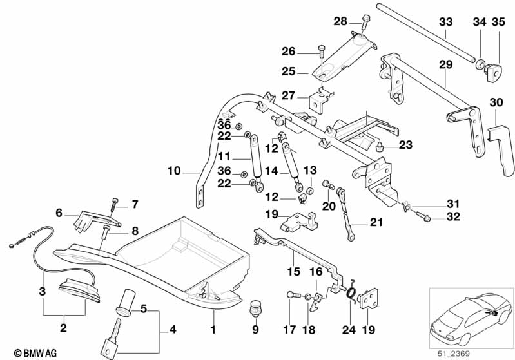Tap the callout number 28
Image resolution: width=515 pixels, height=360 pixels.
pyautogui.click(x=340, y=22)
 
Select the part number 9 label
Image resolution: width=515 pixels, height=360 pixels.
pyautogui.click(x=255, y=330)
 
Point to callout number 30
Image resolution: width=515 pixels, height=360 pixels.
pyautogui.click(x=496, y=102)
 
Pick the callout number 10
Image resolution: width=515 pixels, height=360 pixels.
pyautogui.click(x=173, y=173)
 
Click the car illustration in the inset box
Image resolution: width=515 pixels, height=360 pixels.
pyautogui.click(x=465, y=316)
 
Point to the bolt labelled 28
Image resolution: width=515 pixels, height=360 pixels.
pyautogui.click(x=365, y=22)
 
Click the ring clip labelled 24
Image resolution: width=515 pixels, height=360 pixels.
pyautogui.click(x=351, y=294)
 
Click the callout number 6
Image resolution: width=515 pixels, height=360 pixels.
pyautogui.click(x=59, y=213)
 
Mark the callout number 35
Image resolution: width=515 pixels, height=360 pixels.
pyautogui.click(x=499, y=23)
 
